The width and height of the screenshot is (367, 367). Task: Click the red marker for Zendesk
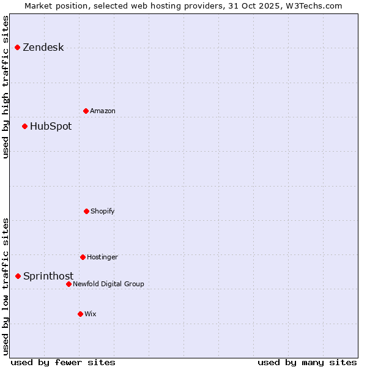pos(18,47)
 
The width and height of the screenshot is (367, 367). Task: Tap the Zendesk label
pos(43,48)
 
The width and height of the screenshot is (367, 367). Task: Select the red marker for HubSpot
pos(25,126)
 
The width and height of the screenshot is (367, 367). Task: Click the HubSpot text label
pos(50,127)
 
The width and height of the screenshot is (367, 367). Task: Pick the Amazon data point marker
pos(86,111)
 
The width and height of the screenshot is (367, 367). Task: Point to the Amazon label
pos(102,111)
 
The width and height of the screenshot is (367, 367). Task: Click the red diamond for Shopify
pos(86,211)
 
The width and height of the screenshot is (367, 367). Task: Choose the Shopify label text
pos(102,212)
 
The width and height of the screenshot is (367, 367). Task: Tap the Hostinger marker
pos(83,257)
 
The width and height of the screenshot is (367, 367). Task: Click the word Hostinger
pos(102,258)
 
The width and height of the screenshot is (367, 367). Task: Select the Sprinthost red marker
pos(18,276)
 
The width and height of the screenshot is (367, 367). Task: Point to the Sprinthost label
pos(48,276)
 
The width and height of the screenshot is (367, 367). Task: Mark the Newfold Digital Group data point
pos(69,284)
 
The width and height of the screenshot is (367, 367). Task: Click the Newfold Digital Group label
pos(108,284)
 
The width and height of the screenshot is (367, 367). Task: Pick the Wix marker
pos(80,314)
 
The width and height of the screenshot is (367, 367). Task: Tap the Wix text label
pos(91,314)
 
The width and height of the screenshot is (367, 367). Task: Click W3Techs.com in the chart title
pos(316,6)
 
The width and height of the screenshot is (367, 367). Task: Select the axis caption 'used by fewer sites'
pos(63,362)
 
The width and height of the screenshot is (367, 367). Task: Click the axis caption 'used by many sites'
pos(307,362)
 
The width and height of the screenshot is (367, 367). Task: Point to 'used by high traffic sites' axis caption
pos(6,87)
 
